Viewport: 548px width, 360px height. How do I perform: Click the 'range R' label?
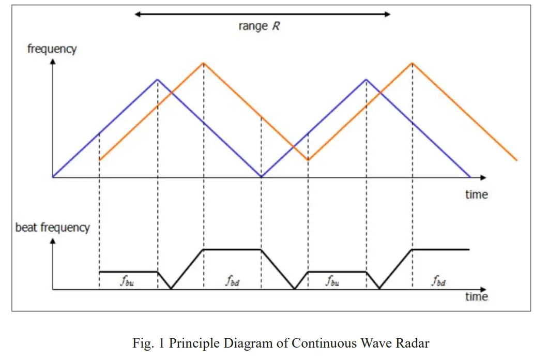pyautogui.click(x=259, y=26)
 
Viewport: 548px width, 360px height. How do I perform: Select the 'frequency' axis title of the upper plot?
pyautogui.click(x=52, y=49)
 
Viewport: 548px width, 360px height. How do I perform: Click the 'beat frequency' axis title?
pyautogui.click(x=52, y=228)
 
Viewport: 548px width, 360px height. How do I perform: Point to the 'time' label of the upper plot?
pyautogui.click(x=476, y=194)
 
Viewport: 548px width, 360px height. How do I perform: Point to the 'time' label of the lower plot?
pyautogui.click(x=476, y=296)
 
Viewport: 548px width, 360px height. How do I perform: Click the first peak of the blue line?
pyautogui.click(x=158, y=79)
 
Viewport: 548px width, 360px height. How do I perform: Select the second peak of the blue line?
pyautogui.click(x=366, y=79)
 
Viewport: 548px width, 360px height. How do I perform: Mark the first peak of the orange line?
pyautogui.click(x=204, y=63)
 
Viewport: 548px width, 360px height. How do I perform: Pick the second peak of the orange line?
pyautogui.click(x=412, y=63)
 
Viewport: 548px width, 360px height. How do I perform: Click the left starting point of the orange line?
pyautogui.click(x=99, y=160)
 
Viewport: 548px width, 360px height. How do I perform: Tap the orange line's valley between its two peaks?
pyautogui.click(x=308, y=160)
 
